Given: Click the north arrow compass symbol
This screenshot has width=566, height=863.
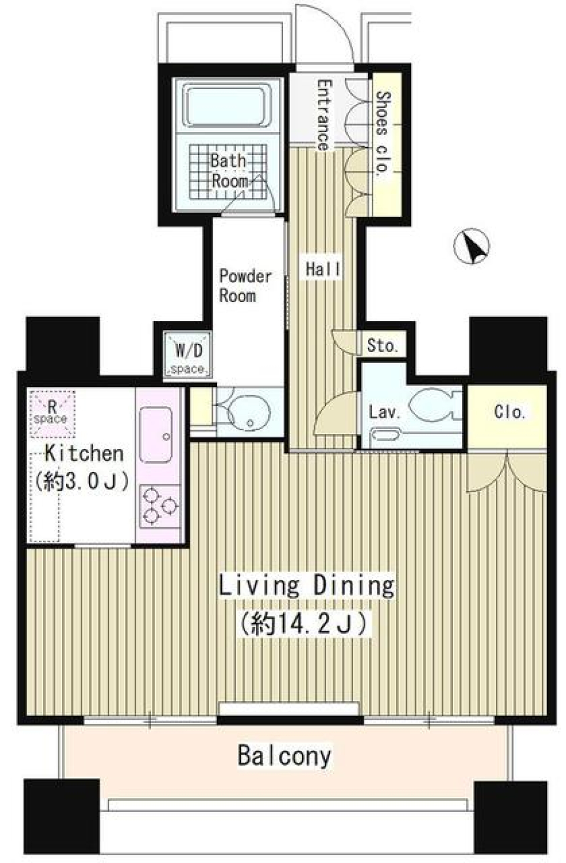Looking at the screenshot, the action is (x=470, y=246).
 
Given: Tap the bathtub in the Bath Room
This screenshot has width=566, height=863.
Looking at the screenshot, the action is (x=227, y=105).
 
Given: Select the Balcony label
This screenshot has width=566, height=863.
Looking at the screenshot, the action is (x=284, y=756).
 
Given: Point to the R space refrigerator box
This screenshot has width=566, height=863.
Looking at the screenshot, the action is (x=52, y=414).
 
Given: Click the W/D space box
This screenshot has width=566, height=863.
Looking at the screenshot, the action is (x=187, y=354).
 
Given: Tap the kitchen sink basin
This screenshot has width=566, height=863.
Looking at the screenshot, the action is (x=156, y=435).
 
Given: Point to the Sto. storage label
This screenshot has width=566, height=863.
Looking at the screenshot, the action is (x=382, y=345).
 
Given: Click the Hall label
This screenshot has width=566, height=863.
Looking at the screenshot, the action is (x=323, y=269).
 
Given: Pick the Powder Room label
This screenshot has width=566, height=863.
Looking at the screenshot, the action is (x=245, y=286).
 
